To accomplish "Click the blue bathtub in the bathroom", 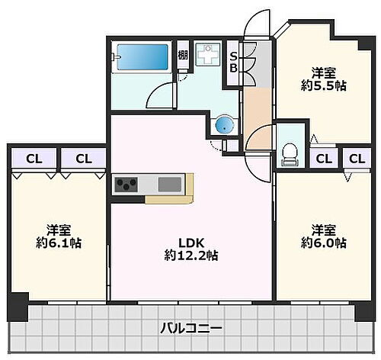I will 141,57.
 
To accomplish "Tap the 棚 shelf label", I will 183,55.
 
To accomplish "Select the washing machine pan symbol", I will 206,57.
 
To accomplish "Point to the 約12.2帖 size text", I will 190,257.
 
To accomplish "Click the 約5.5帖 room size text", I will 322,87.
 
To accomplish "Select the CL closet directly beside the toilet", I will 323,159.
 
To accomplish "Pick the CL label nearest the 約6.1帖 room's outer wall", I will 33,159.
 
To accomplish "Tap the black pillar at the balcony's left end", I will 17,307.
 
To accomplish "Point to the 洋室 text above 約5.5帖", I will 322,73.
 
